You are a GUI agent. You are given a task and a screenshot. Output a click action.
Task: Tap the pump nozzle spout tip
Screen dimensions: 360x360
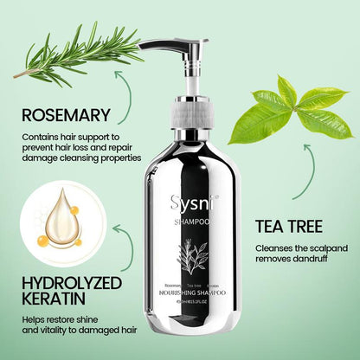coord(143,46)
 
